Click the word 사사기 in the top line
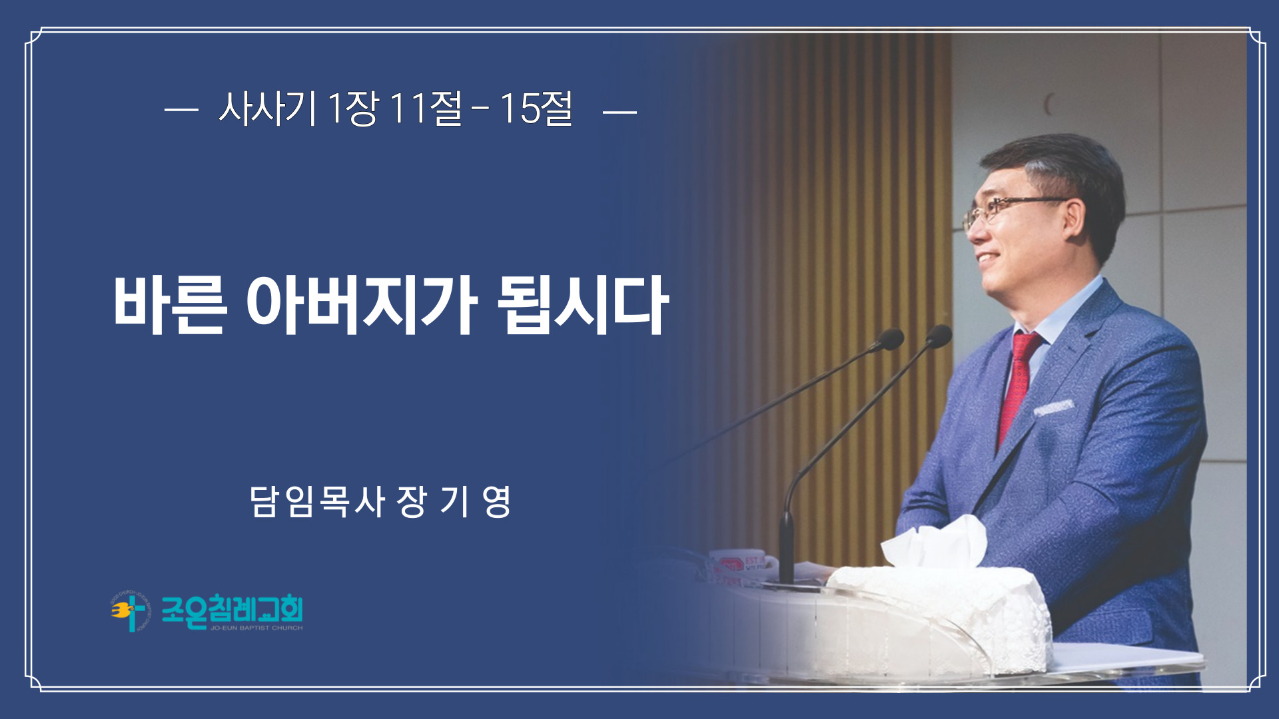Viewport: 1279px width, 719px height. (267, 109)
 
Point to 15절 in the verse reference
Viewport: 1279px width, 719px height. (536, 109)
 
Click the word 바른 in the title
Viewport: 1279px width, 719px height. (170, 305)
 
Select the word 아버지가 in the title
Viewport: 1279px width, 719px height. (362, 305)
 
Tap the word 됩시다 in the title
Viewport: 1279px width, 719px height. (583, 305)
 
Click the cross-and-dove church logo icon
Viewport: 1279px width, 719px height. (131, 611)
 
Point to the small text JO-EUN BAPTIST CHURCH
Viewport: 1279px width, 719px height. (256, 628)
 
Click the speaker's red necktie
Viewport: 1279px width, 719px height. (1017, 386)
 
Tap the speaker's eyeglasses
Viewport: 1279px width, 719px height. (1013, 210)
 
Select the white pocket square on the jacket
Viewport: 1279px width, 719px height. (1053, 407)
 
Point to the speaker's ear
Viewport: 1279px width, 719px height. (1074, 222)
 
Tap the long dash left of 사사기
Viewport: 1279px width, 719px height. (181, 111)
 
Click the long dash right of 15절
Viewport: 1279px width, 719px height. (620, 111)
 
